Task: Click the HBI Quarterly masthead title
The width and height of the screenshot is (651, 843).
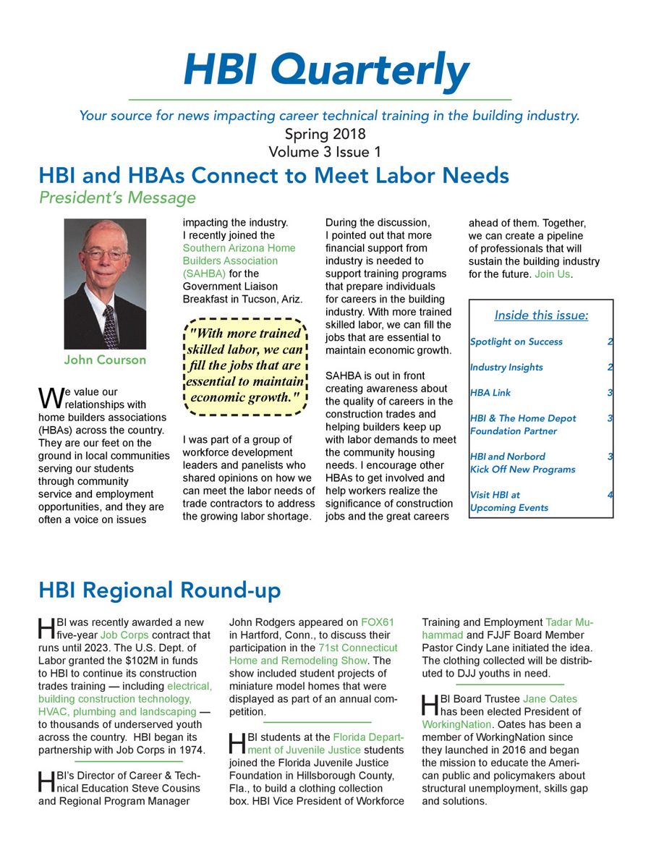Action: point(326,70)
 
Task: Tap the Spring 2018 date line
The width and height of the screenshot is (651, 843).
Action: point(325,134)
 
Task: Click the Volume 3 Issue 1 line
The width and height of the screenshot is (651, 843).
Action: point(325,152)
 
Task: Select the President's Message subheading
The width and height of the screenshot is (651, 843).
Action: point(117,197)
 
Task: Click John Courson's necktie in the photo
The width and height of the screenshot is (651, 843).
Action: point(110,326)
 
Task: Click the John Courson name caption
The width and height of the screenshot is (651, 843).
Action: point(105,360)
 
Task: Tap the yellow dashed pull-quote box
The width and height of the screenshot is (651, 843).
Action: point(245,366)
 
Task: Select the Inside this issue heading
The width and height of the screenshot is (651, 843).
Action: point(541,315)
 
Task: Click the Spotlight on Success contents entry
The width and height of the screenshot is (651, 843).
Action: point(516,342)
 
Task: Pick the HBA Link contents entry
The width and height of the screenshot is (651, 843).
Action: point(490,393)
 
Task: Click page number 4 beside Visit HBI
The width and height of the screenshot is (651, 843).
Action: point(610,495)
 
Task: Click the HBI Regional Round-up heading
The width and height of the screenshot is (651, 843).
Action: point(159,590)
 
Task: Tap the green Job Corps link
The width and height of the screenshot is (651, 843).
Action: point(119,635)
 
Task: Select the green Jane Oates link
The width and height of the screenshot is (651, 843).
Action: point(550,699)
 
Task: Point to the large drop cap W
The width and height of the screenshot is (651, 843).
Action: point(45,397)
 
